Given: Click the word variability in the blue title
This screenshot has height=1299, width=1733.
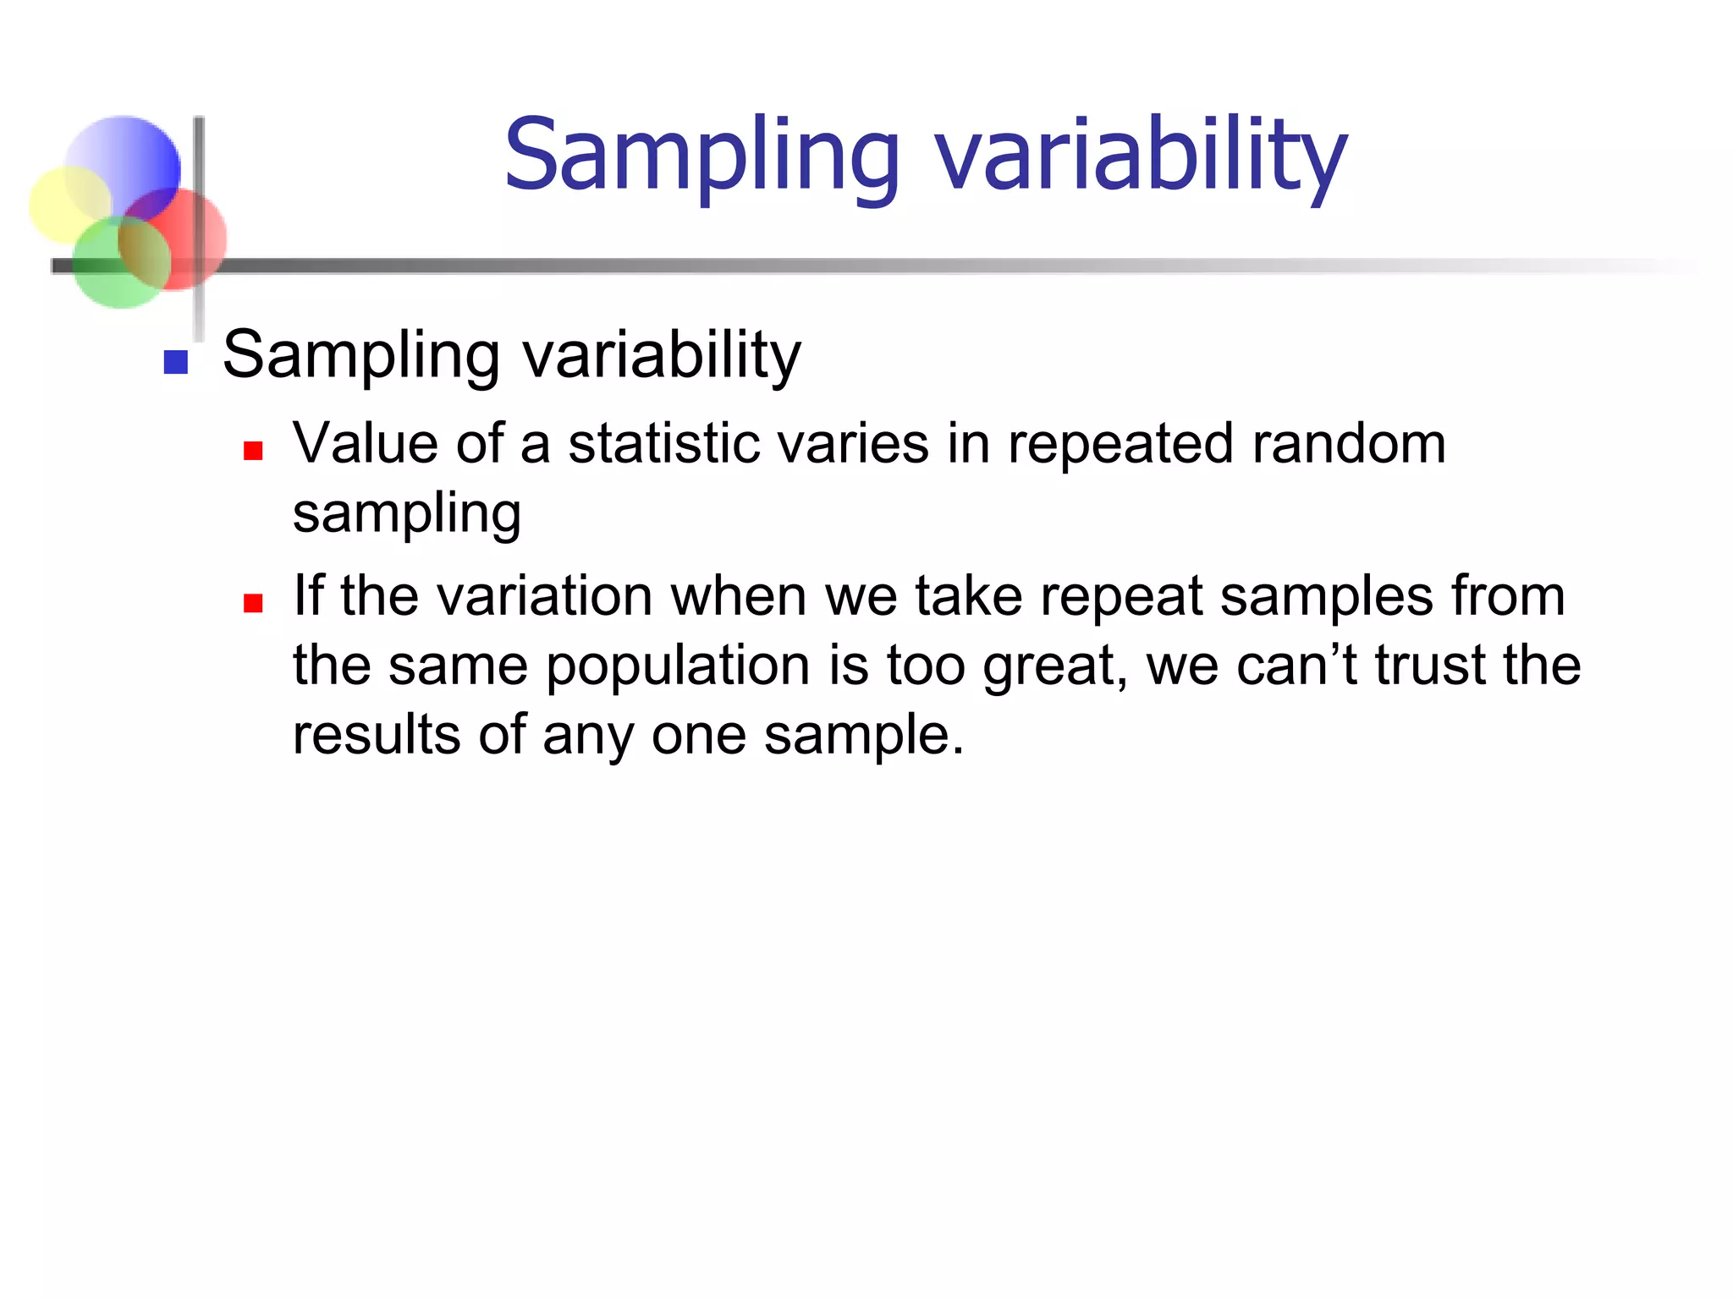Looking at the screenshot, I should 1139,156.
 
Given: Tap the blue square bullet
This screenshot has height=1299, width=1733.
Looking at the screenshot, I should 175,362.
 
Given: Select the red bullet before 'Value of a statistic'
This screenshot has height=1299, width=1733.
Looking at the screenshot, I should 252,450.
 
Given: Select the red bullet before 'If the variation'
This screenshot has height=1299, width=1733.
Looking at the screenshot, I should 252,602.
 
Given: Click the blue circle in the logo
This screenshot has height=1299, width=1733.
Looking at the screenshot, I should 127,161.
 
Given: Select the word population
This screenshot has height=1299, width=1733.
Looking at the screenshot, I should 678,666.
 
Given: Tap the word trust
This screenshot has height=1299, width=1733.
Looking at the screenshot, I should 1430,665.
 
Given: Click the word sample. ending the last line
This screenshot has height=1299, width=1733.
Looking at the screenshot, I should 864,736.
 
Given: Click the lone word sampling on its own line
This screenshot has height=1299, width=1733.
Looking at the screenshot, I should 406,514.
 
